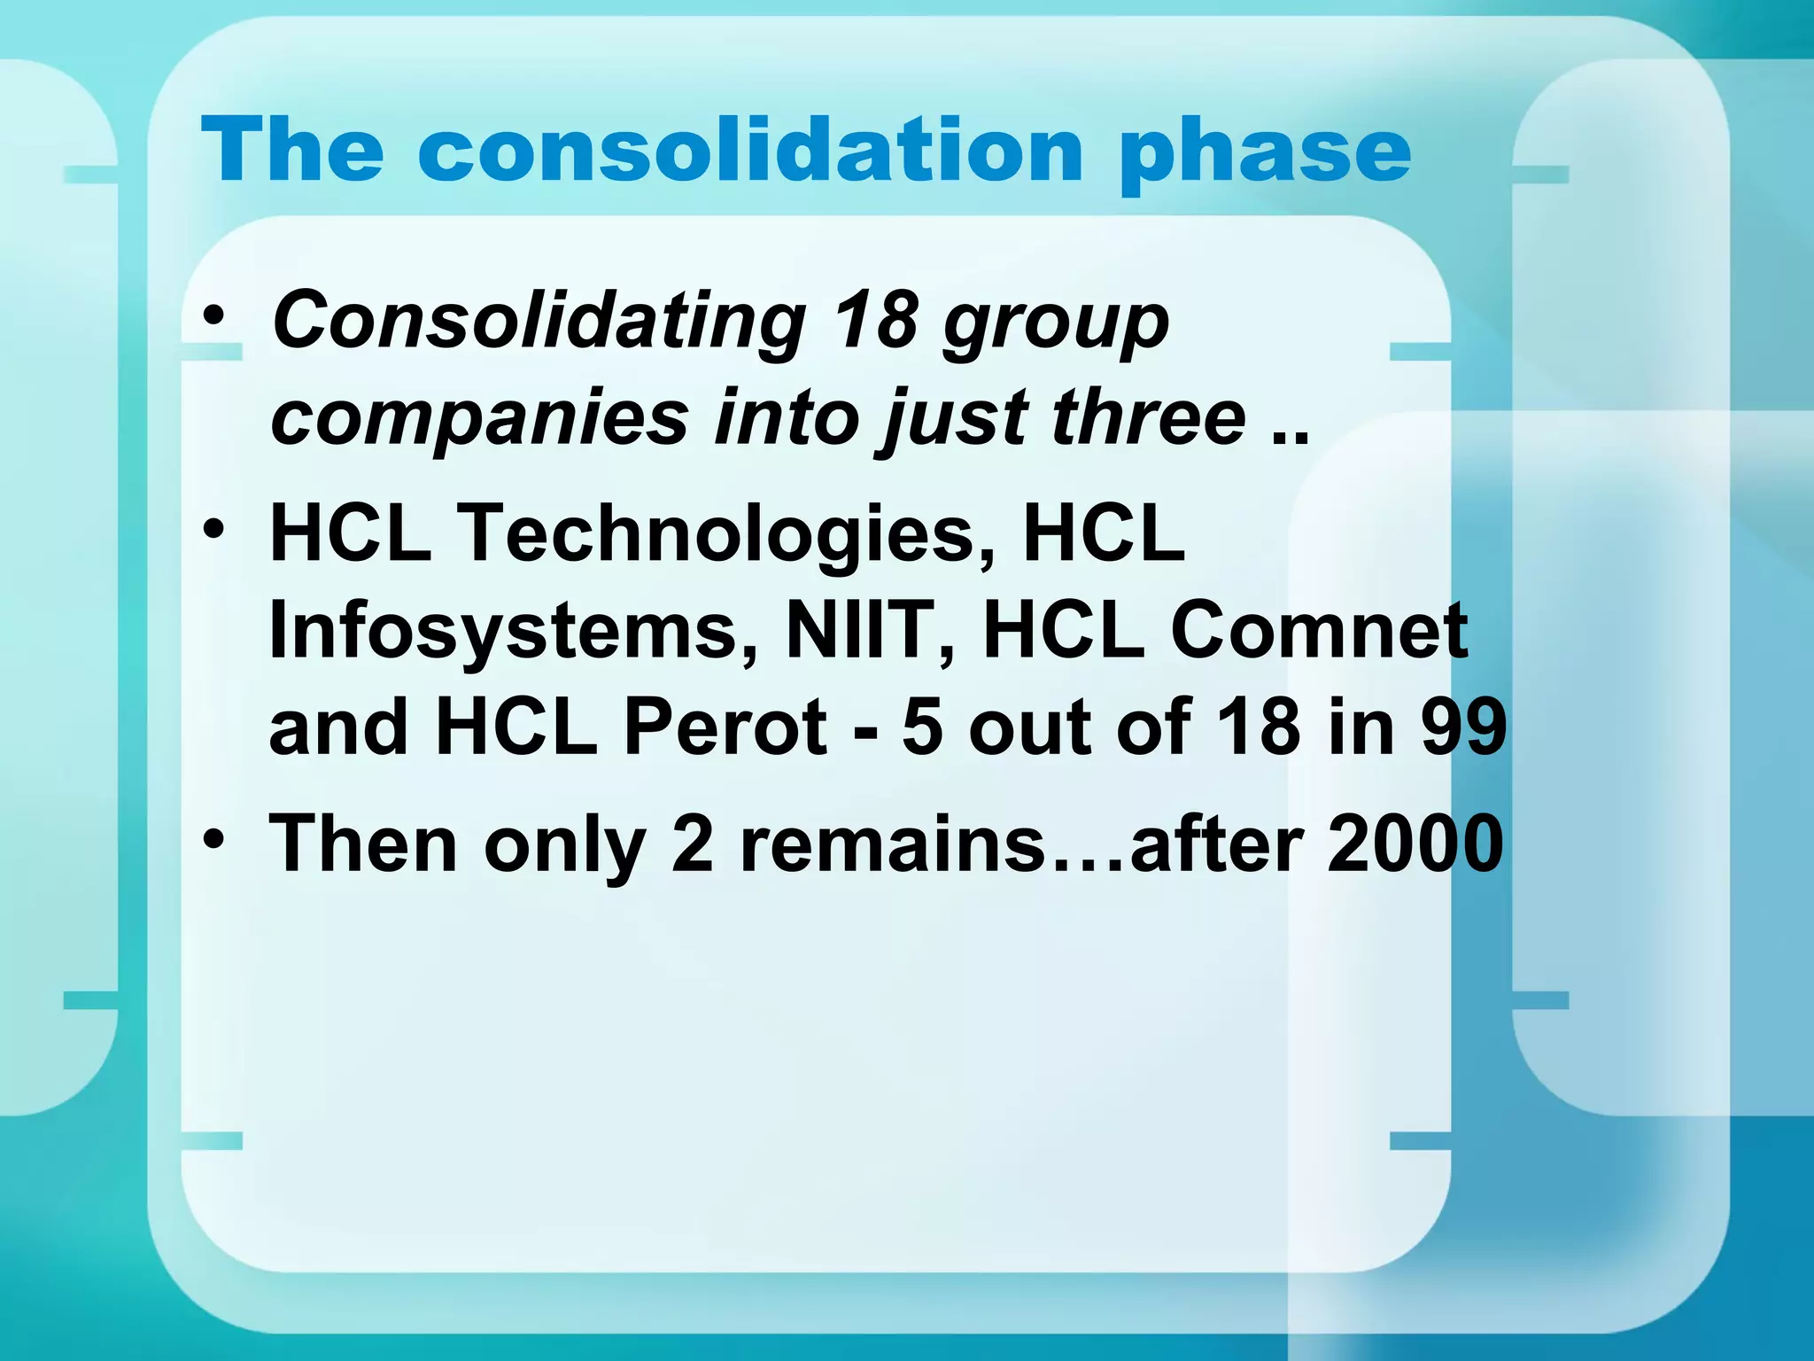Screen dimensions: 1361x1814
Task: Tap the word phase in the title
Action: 1264,152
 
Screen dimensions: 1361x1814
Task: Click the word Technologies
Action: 717,533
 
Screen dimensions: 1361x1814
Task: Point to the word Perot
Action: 725,727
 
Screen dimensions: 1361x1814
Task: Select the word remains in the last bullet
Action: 893,844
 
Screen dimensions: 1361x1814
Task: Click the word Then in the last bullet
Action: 362,844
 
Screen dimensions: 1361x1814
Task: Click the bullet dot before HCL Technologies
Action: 213,529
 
